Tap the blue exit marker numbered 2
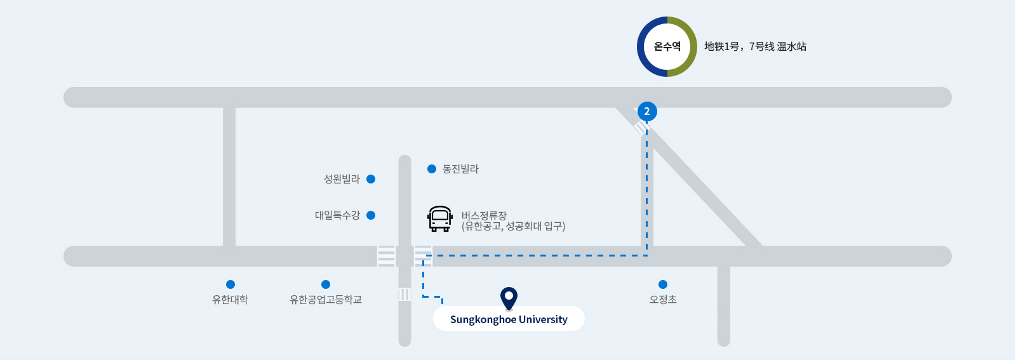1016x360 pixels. click(647, 112)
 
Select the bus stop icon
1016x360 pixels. click(440, 219)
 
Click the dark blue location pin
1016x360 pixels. click(509, 298)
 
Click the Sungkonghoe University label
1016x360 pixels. click(509, 319)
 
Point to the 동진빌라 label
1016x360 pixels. click(460, 169)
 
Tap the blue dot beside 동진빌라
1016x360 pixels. click(432, 169)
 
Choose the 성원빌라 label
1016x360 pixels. click(342, 179)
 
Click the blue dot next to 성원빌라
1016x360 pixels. click(371, 179)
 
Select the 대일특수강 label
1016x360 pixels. click(337, 215)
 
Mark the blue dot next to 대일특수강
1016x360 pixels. click(371, 215)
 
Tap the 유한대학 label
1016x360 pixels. click(230, 300)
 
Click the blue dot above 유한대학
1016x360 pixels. click(231, 284)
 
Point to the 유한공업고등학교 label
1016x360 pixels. click(326, 300)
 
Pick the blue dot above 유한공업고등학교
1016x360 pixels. click(326, 284)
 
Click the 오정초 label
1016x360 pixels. click(663, 300)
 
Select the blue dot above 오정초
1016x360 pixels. click(663, 284)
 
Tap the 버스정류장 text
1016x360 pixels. click(484, 215)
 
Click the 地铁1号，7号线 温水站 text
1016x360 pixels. click(755, 47)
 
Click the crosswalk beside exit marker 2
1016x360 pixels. click(641, 128)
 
